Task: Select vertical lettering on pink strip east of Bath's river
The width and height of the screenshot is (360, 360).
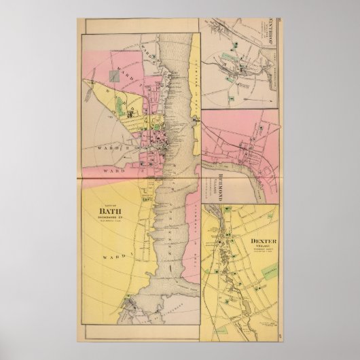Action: [194, 82]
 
